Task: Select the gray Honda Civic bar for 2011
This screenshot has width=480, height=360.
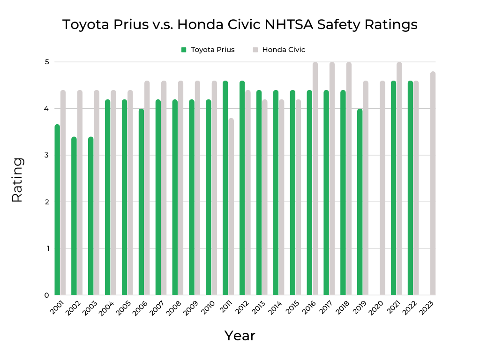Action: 231,207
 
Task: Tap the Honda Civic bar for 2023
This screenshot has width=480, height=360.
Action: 433,183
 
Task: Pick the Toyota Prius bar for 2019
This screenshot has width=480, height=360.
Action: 360,202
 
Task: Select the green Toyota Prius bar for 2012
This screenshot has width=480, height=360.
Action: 242,188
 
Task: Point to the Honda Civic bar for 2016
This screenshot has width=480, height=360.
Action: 315,179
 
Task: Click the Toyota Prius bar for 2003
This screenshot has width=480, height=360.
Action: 91,216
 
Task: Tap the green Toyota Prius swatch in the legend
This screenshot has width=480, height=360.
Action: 184,50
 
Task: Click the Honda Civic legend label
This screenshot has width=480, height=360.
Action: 284,50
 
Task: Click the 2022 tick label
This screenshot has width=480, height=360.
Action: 411,307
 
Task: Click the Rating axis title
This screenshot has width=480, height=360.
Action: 17,180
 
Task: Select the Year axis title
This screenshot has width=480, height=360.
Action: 240,336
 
